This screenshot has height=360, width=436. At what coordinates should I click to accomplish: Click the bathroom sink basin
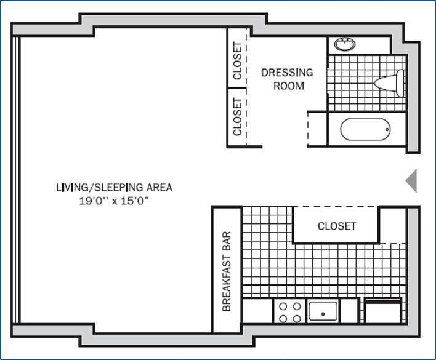pyautogui.click(x=345, y=44)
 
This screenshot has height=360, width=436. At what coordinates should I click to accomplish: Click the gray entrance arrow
pyautogui.click(x=411, y=180)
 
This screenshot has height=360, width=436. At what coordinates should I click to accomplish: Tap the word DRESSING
pyautogui.click(x=287, y=72)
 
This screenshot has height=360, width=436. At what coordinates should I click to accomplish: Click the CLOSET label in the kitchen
pyautogui.click(x=337, y=226)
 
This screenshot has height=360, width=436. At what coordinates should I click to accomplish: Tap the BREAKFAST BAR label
pyautogui.click(x=226, y=271)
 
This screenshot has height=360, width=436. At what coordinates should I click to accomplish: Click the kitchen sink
pyautogui.click(x=323, y=311)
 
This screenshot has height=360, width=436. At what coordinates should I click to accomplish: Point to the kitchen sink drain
pyautogui.click(x=323, y=314)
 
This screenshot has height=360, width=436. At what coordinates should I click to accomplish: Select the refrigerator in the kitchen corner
pyautogui.click(x=383, y=311)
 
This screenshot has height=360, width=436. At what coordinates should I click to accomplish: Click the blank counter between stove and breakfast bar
pyautogui.click(x=257, y=311)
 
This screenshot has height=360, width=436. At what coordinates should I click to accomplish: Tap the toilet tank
pyautogui.click(x=400, y=83)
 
